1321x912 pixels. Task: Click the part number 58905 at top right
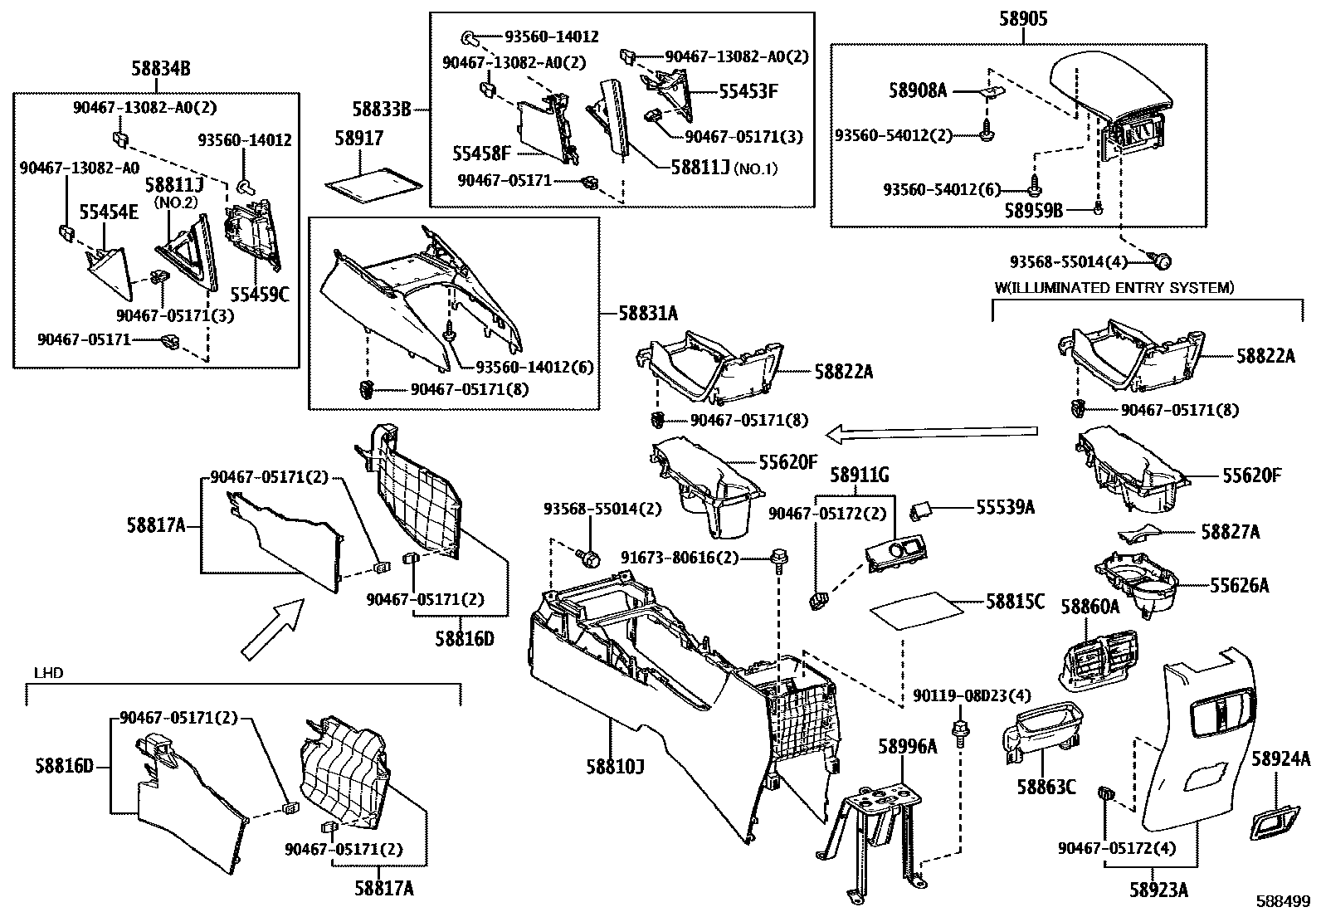pos(1024,19)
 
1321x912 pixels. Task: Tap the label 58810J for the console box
pos(616,764)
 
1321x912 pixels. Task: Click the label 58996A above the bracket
pos(908,746)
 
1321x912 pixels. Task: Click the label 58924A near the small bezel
pos(1280,758)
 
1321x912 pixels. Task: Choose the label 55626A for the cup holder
pos(1239,586)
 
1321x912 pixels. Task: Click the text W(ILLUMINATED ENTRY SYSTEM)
pos(1114,288)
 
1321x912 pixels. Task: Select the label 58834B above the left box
pos(161,69)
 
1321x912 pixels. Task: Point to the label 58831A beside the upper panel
pos(648,313)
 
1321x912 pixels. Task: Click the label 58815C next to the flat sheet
pos(1015,601)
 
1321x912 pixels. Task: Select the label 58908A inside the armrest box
pos(918,90)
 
